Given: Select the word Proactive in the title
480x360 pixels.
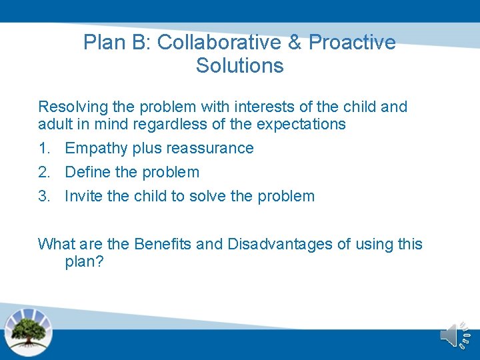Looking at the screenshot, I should pos(352,43).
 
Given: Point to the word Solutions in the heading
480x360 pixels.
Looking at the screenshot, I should pos(239,66).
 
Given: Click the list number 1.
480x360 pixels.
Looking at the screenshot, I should pos(43,148).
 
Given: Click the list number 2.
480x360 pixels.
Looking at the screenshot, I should pos(43,172).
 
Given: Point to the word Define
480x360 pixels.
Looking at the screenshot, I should pos(87,172).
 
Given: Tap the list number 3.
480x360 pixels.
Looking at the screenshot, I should pos(43,196).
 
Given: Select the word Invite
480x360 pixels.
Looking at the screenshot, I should pos(83,196).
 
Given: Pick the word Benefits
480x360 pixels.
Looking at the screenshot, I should pos(163,244).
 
